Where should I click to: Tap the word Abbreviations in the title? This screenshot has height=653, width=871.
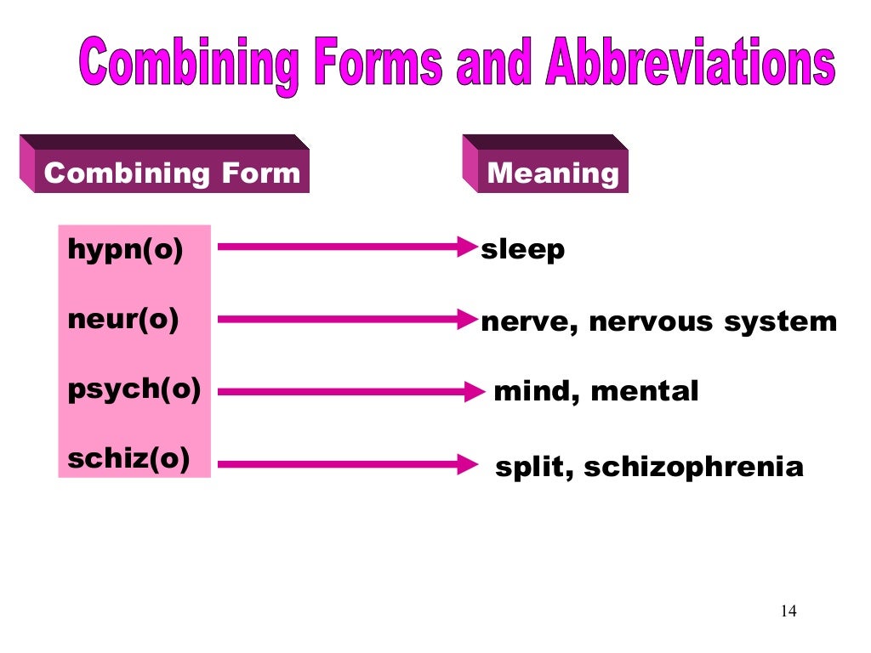coord(690,65)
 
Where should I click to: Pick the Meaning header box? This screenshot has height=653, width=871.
coord(552,173)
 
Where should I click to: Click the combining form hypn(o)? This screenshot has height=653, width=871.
coord(125,251)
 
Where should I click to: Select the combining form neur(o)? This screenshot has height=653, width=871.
coord(123,320)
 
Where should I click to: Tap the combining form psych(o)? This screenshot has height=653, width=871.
coord(134,389)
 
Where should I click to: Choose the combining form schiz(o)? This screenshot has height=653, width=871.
coord(128,459)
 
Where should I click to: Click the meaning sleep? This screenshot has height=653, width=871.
coord(522,251)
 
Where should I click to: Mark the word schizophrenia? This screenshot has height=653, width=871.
coord(693,468)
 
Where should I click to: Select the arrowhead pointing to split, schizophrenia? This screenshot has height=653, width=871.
coord(468,464)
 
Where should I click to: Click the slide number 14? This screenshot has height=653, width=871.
coord(788,611)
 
